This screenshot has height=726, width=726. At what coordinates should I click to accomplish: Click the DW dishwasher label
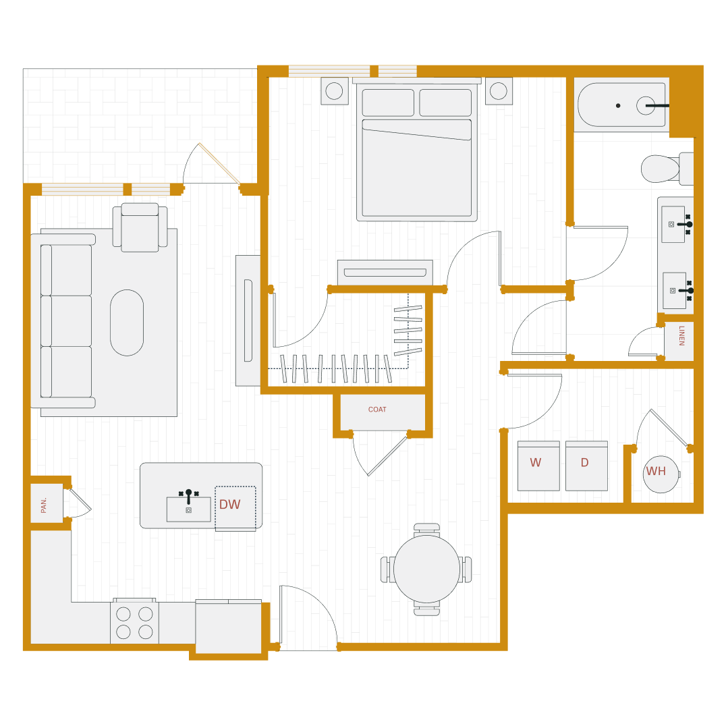pos(229,505)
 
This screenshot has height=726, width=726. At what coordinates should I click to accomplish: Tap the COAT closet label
pos(377,410)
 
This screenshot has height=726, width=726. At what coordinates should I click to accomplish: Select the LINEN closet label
pos(681,335)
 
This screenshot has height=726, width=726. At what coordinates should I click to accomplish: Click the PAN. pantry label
pos(44,505)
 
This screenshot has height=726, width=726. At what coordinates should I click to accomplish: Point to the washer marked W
pos(538,466)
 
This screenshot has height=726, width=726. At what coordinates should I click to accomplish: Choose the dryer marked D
pos(586,466)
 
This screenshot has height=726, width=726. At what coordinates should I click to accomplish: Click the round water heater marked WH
pos(660,474)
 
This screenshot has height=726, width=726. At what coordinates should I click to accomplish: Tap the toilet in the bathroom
pos(661,169)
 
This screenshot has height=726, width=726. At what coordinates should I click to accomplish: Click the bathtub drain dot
pos(617,105)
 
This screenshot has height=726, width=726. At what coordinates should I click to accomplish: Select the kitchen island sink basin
pos(188,509)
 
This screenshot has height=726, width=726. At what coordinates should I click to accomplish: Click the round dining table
pos(426,569)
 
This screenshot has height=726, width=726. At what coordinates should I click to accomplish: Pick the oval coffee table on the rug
pos(127,323)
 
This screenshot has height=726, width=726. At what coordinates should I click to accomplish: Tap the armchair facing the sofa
pos(140,228)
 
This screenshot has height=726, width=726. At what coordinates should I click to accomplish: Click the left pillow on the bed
pos(388,103)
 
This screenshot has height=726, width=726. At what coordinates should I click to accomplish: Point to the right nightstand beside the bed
pos(499,91)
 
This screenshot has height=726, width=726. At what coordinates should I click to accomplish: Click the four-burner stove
pos(134,622)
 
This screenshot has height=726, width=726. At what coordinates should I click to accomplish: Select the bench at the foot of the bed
pos(385,273)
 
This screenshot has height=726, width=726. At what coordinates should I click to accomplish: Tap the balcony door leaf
pos(219,163)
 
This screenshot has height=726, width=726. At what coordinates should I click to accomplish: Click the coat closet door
pos(387,456)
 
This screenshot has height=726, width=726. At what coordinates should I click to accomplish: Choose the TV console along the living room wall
pos(248,320)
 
